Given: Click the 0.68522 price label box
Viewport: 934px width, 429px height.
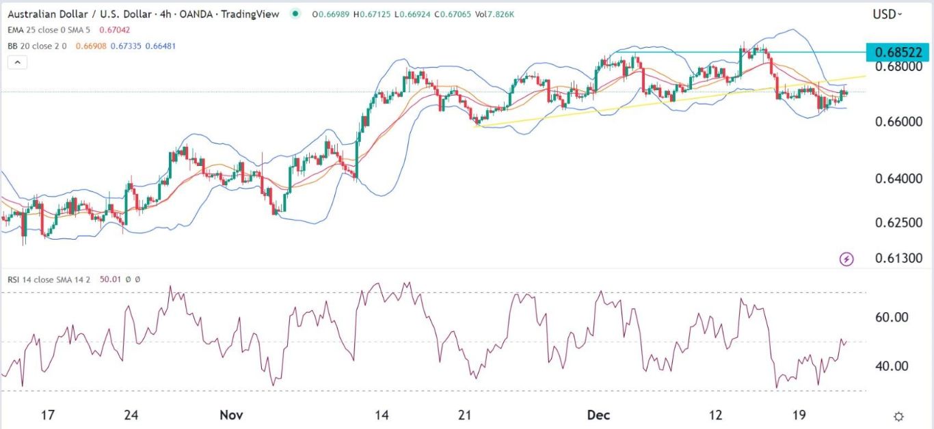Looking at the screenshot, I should click(897, 52).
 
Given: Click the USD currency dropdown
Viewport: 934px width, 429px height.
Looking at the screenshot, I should click(887, 14).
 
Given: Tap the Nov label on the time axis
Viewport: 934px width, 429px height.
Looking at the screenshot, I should click(231, 415).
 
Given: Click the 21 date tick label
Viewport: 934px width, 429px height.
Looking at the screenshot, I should click(466, 415).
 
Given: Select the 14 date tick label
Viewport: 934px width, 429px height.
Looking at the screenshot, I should click(382, 415).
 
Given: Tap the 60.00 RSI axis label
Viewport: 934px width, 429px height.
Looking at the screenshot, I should click(892, 318).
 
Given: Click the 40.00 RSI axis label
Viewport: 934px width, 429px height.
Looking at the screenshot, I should click(892, 366).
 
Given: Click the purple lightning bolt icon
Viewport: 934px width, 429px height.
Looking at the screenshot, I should click(846, 259).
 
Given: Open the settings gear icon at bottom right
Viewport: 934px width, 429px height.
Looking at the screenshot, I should click(899, 416).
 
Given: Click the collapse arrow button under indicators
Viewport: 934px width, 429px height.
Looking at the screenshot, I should click(17, 62).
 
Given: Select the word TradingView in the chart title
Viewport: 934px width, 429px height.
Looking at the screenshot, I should click(252, 14).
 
